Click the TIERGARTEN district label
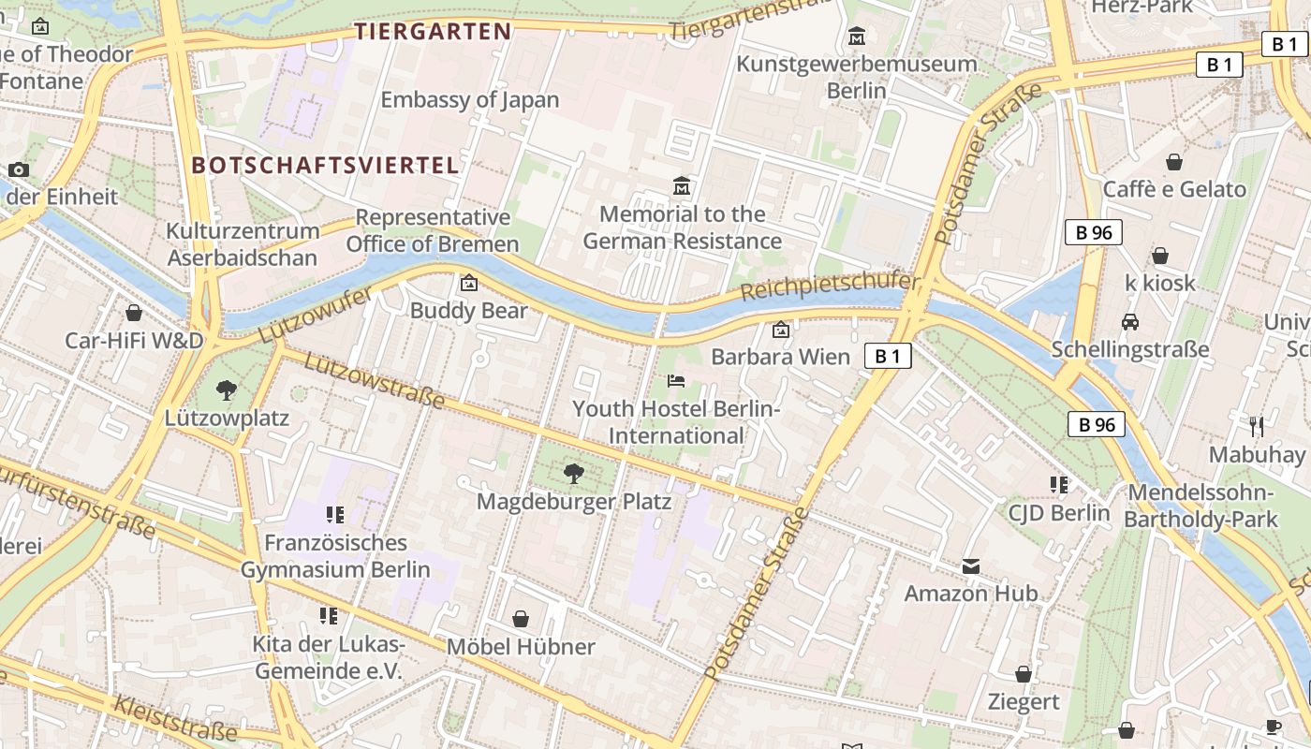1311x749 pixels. [x=433, y=32]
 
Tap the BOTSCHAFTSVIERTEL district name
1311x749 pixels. [x=325, y=166]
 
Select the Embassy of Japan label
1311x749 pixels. [x=469, y=99]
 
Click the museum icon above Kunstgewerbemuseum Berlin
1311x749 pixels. [x=856, y=37]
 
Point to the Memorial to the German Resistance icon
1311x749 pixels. [x=682, y=186]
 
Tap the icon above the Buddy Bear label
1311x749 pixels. [x=468, y=283]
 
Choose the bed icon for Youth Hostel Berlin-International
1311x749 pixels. [x=676, y=380]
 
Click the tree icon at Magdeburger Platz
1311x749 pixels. [x=574, y=474]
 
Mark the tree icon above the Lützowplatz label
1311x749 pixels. [x=226, y=389]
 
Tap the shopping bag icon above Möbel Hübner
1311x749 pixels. [x=521, y=619]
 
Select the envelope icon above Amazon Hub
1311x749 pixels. [x=970, y=565]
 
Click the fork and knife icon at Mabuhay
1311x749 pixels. [x=1257, y=427]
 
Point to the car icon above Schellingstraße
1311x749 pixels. [x=1130, y=322]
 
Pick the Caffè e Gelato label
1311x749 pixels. [x=1174, y=189]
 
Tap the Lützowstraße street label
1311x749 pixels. [x=374, y=381]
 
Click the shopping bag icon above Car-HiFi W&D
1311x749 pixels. [x=134, y=312]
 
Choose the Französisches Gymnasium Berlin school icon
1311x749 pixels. [x=335, y=514]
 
